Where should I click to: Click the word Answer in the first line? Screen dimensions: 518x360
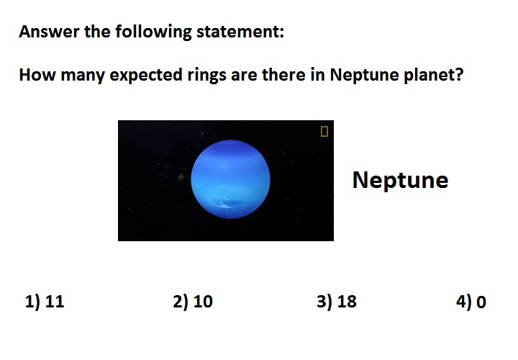tap(49, 32)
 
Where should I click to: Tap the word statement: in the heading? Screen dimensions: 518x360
tap(240, 32)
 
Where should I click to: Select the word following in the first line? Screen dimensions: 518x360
tap(153, 32)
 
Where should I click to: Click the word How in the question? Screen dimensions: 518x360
tap(37, 75)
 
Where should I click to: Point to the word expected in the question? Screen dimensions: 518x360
tap(145, 76)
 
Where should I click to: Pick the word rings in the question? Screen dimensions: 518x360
tap(206, 76)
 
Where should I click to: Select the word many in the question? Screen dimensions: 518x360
tap(83, 76)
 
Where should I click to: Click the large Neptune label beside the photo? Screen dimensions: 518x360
tap(400, 180)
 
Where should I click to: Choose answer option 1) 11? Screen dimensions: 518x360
tap(45, 302)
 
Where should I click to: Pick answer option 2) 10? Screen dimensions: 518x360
tap(193, 302)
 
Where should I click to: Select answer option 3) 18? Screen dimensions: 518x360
tap(337, 302)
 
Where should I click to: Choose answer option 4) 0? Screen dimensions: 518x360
tap(471, 302)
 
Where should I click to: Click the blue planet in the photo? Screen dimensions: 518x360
tap(231, 179)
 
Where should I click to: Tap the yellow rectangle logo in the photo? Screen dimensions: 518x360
tap(324, 131)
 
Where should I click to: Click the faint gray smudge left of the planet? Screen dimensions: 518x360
tap(181, 177)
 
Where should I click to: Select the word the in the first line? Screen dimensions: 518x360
tap(97, 32)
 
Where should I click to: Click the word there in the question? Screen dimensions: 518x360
tap(283, 75)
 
